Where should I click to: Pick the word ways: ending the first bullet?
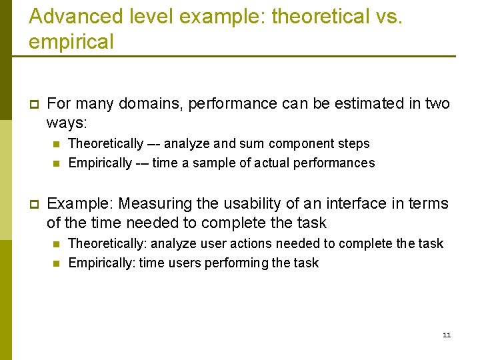[x=67, y=124]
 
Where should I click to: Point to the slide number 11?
[x=447, y=335]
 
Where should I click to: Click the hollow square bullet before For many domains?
[x=33, y=105]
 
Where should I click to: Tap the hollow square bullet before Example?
[x=33, y=204]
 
